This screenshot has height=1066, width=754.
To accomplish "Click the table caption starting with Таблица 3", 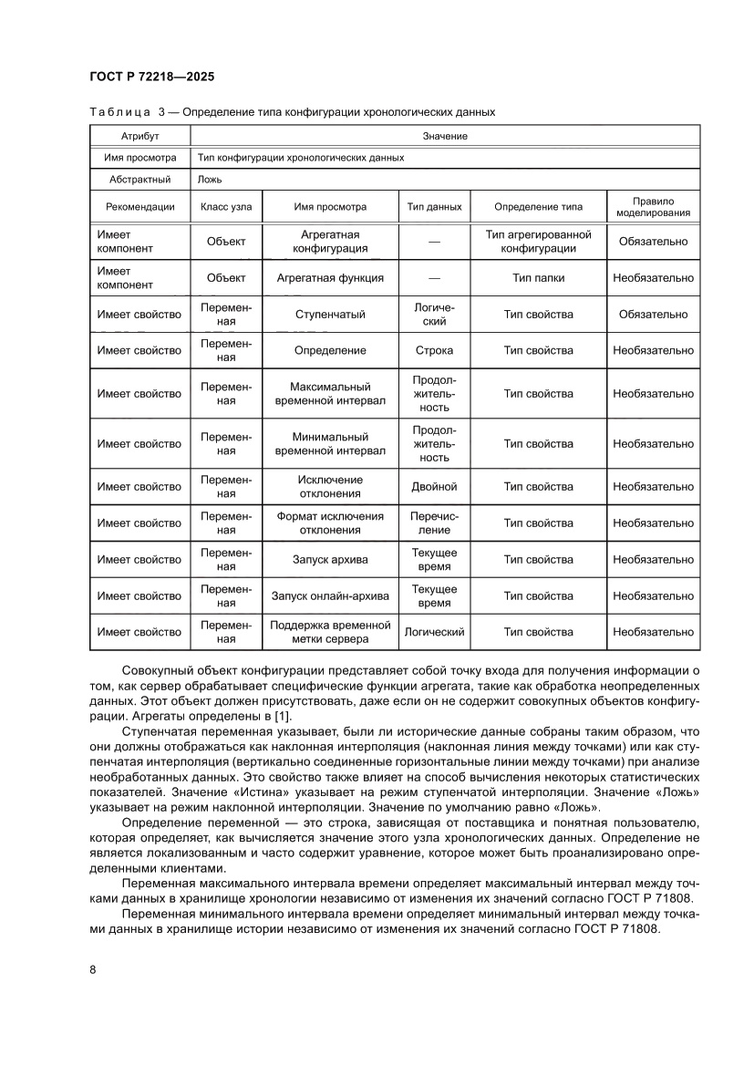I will coord(292,112).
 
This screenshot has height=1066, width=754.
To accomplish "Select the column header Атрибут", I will coord(139,136).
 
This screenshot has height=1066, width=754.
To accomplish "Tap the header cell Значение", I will coord(445,136).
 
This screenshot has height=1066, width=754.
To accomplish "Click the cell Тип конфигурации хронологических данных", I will coord(300,158).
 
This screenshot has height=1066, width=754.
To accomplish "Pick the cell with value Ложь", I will coord(210,180).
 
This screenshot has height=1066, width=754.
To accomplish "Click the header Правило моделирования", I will coord(653,206).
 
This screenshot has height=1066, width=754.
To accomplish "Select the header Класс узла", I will coord(226,206).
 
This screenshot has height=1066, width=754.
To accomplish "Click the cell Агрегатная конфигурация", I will coord(330,242).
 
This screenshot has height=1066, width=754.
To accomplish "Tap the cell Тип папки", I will coord(538,278).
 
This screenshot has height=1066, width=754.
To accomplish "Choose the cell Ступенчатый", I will coord(330,315).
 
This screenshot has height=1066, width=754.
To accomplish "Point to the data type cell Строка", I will coord(434,350).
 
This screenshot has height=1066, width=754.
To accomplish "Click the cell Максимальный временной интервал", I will coord(330,394).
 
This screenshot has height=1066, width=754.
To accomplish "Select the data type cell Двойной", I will coord(434,487).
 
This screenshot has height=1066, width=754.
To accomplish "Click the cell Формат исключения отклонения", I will coord(330,523).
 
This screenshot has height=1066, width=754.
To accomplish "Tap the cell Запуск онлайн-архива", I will coord(330,596).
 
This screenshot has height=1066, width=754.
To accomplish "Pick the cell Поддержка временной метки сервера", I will coord(330,632).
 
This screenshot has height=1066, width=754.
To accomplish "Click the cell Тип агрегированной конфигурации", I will coord(538,242).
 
